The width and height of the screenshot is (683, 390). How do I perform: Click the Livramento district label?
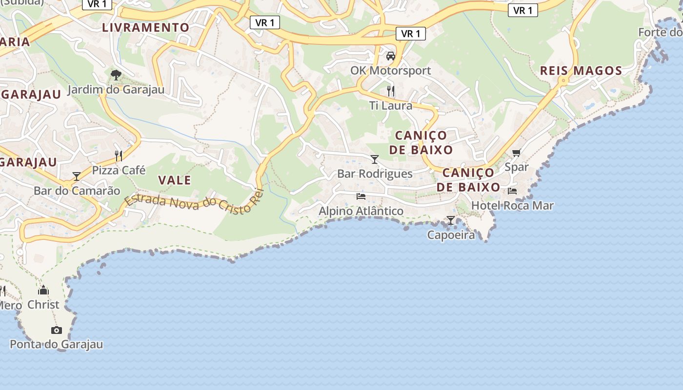pos(145,27)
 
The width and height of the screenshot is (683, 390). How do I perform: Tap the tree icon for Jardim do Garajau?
pos(116,75)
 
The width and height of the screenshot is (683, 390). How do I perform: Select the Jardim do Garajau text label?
pos(116,90)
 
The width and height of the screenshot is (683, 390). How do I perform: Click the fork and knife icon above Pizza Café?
pos(119,156)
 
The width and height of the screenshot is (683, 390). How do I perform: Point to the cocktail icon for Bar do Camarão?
pos(77,176)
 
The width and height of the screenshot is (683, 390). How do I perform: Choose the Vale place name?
pos(175,180)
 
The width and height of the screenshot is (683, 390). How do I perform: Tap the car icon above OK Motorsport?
pos(391,56)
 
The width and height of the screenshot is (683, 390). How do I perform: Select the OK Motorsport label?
pos(391,71)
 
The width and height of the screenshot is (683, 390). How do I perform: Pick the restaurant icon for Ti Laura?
pos(391,91)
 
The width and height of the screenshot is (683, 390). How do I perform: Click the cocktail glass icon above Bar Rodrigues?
pos(375,159)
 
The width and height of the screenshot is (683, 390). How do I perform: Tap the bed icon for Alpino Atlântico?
pos(361,196)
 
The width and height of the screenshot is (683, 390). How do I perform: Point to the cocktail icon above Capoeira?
pos(451,220)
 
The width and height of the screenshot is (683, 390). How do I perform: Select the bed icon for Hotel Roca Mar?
pos(512,191)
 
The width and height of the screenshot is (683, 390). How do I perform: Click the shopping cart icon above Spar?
pos(517,153)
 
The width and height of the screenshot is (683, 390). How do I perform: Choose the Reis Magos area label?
pos(581,71)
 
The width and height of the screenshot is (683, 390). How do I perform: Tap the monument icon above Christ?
pos(43,290)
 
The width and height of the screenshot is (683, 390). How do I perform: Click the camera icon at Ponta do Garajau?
pos(57,330)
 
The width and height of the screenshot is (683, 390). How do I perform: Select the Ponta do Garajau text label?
pos(57,345)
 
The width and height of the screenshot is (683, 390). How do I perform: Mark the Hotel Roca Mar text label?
pos(512,206)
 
